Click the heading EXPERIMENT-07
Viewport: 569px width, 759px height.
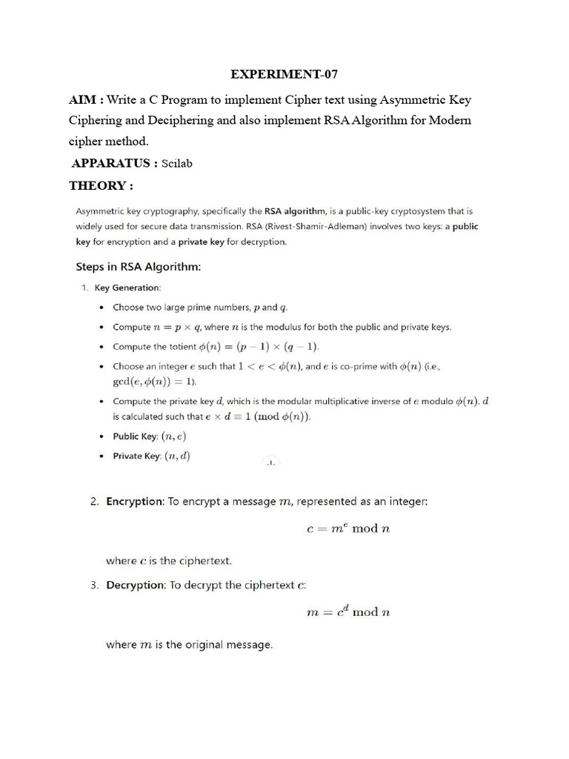284,74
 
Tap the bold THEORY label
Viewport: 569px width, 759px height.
101,185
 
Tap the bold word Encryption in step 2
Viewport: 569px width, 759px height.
135,502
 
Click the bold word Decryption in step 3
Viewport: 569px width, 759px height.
135,585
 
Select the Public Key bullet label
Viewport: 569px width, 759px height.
136,437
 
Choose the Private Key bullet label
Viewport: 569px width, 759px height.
136,457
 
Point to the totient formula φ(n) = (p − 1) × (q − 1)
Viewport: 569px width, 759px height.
259,346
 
